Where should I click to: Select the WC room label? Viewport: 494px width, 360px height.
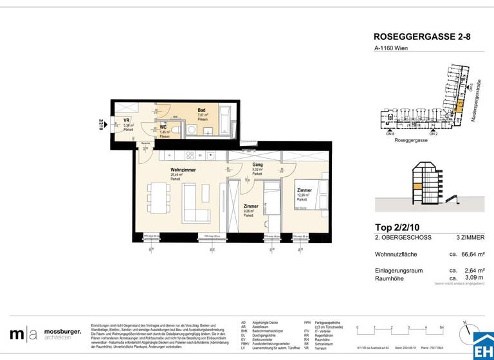pos(163,127)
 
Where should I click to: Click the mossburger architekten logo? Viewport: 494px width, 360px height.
pos(46,334)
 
